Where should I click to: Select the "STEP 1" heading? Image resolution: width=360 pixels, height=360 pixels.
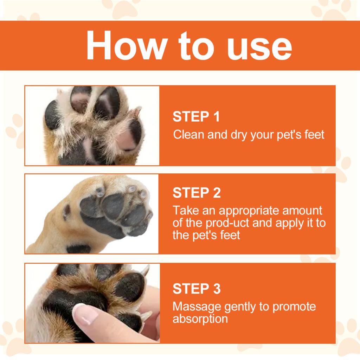[x=196, y=117]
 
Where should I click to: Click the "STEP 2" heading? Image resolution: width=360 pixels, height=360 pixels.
[x=197, y=193]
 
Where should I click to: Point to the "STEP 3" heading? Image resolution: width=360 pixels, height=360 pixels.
[x=197, y=289]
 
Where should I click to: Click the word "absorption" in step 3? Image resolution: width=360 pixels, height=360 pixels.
[x=200, y=319]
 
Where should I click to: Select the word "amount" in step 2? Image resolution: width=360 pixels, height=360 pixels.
[x=302, y=211]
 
